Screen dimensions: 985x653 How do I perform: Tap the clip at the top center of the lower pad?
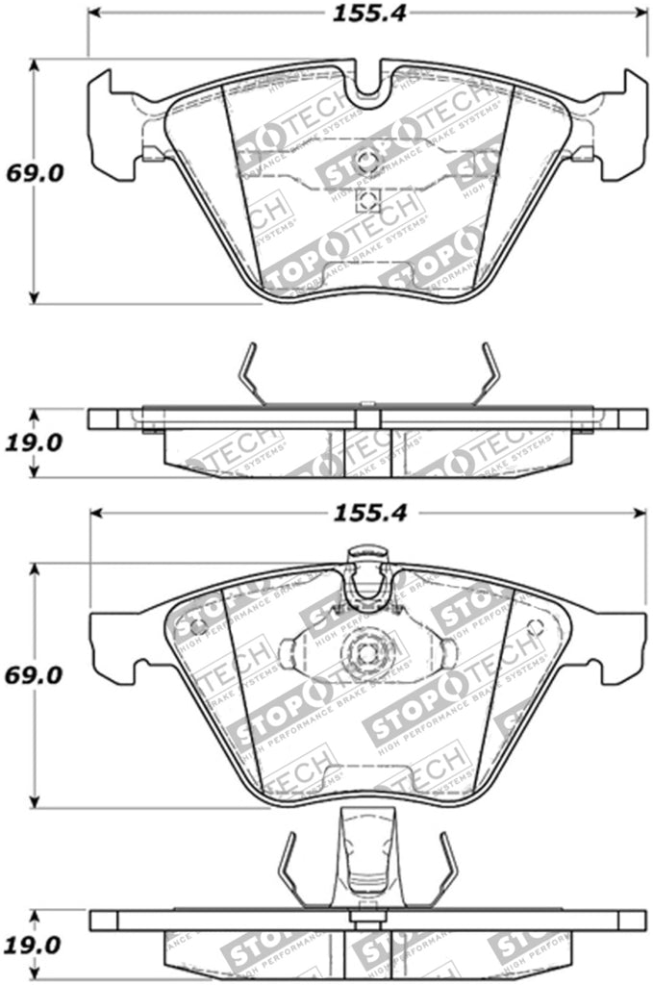tap(367, 577)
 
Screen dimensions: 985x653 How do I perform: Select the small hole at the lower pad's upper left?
tap(198, 626)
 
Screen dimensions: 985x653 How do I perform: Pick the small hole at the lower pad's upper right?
tap(535, 626)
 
